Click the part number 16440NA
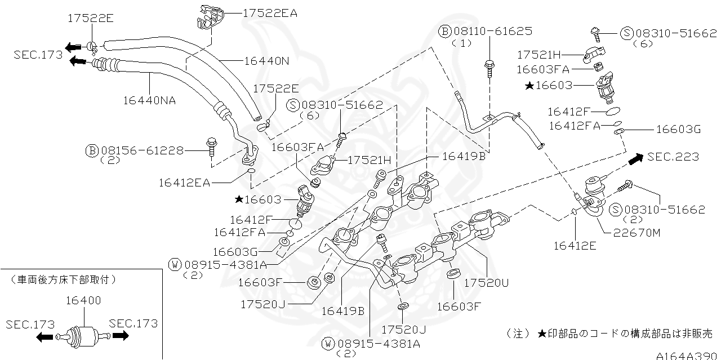point(149,100)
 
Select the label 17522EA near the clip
point(270,12)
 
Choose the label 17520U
point(486,283)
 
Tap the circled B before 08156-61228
point(92,150)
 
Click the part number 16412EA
point(184,182)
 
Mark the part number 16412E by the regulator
point(575,245)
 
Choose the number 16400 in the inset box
point(83,301)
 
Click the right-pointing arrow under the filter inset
point(121,336)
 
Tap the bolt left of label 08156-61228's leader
point(212,145)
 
